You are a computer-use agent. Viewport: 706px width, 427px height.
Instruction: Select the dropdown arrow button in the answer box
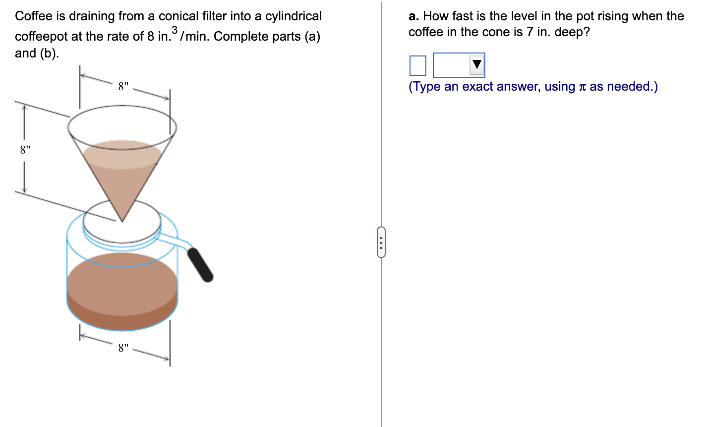(476, 65)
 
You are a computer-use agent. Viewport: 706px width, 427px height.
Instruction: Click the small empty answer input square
(417, 65)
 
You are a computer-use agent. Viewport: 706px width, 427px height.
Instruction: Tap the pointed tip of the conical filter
(121, 219)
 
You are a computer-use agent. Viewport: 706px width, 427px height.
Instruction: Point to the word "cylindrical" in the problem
(294, 16)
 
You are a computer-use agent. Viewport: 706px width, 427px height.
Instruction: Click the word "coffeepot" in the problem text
(41, 37)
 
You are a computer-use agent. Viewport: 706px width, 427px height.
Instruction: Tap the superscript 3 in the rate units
(174, 31)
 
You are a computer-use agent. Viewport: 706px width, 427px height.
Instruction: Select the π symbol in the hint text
(582, 87)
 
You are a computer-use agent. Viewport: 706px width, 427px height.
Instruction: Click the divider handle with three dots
(381, 242)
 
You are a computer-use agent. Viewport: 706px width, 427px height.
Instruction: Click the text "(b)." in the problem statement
(49, 53)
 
